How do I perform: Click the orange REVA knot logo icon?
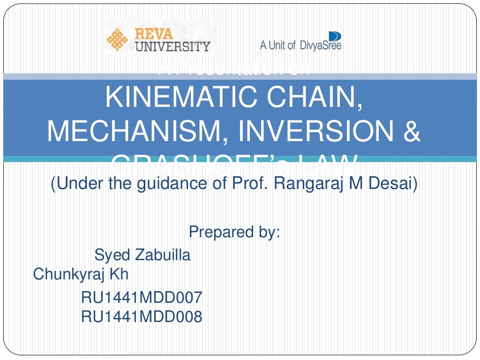pos(117,39)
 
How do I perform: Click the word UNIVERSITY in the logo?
pos(172,46)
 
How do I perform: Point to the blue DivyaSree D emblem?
pos(335,36)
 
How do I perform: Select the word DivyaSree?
pos(321,45)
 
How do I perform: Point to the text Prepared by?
pos(234,232)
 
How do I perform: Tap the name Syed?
pos(112,255)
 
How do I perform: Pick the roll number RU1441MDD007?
pos(142,298)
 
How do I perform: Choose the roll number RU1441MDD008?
pos(142,317)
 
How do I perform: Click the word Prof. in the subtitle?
pos(251,183)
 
